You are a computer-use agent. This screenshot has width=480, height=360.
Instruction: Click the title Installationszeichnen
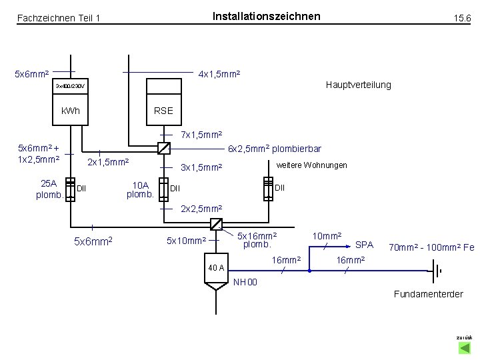(266, 16)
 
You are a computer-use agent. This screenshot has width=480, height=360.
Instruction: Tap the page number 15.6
(462, 19)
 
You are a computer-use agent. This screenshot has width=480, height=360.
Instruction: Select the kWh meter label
(70, 111)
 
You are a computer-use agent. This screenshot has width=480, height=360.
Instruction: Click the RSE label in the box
(163, 111)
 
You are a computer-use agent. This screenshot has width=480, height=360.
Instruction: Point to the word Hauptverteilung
(358, 85)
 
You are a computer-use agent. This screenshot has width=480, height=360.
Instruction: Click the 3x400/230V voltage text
(70, 87)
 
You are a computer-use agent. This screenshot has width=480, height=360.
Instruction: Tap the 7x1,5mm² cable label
(201, 135)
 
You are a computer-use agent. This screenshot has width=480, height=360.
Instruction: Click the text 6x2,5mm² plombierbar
(275, 149)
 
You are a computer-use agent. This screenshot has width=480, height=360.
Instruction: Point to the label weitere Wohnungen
(311, 165)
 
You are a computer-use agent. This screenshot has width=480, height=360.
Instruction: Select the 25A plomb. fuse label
(50, 189)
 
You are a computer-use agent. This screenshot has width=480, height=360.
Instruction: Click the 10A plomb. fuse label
(141, 189)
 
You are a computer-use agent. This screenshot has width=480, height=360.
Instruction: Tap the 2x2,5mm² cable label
(201, 209)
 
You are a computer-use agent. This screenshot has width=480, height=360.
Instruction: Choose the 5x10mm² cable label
(186, 240)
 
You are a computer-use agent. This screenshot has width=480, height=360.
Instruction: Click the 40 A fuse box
(216, 268)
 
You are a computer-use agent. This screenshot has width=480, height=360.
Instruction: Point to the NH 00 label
(245, 283)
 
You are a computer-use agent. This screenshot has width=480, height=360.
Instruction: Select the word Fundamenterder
(428, 294)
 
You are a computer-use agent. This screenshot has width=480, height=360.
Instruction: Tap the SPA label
(364, 245)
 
